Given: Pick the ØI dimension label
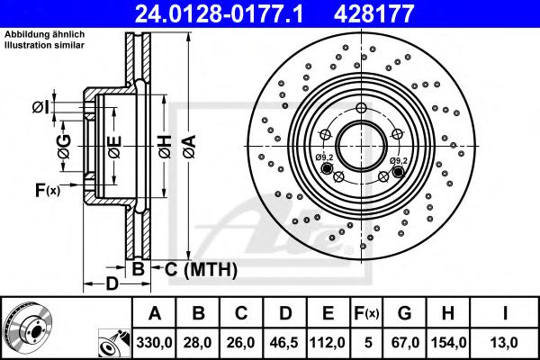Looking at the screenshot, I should [x=40, y=108].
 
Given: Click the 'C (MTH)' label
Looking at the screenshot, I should [x=200, y=268].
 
